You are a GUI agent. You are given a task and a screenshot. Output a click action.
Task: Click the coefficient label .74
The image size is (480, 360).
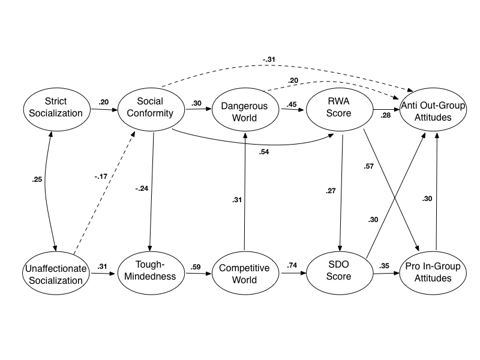pyautogui.click(x=292, y=266)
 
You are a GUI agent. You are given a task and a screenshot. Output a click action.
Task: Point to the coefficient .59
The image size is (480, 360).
pyautogui.click(x=196, y=266)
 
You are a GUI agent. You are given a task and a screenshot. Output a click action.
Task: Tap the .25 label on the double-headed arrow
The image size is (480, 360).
pyautogui.click(x=37, y=179)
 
